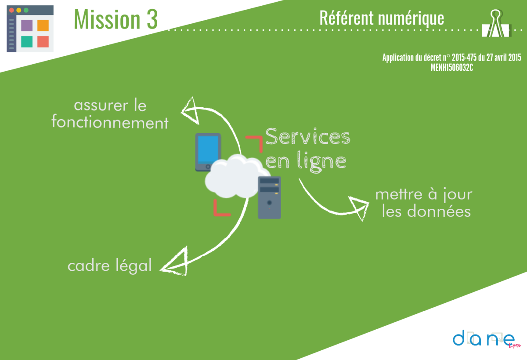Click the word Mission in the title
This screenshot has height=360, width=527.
107,19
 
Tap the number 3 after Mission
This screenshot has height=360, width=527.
152,19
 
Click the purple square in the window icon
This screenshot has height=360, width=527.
27,25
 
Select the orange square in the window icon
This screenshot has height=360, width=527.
43,25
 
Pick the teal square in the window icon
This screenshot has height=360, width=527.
27,42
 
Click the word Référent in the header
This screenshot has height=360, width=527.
347,18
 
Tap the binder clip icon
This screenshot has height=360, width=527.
496,23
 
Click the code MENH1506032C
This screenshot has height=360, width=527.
452,68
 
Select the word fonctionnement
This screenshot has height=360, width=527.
110,122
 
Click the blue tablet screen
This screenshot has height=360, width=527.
208,150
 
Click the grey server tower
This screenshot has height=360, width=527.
269,197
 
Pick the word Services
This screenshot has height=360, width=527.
308,137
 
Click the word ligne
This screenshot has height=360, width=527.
321,161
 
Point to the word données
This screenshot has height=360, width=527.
439,211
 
